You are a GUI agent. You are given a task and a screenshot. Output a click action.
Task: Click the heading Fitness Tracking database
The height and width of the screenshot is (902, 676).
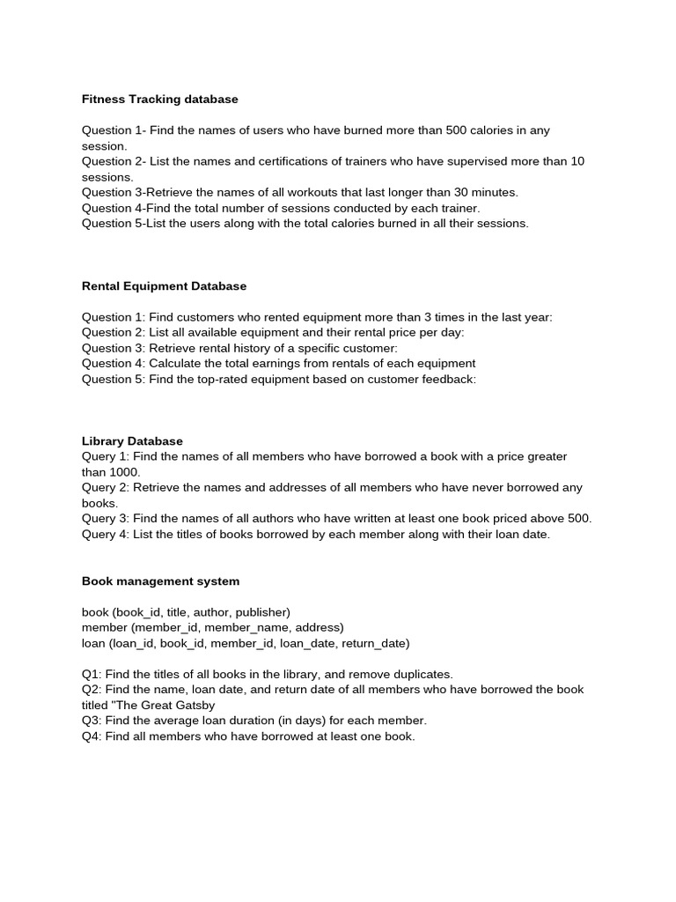tap(160, 100)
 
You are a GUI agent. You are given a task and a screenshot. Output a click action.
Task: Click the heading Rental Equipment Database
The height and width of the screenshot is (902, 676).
tap(164, 286)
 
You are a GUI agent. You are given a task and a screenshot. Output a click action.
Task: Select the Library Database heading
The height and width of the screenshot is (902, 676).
tap(132, 441)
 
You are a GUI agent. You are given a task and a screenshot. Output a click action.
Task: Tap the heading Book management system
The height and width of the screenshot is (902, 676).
tap(160, 581)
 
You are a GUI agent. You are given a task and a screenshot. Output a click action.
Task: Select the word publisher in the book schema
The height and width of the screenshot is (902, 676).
tap(261, 612)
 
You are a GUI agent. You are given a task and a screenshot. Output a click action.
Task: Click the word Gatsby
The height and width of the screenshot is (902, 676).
tap(194, 705)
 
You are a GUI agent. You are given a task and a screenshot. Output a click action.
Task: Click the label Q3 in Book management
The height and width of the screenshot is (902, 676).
tap(92, 721)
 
